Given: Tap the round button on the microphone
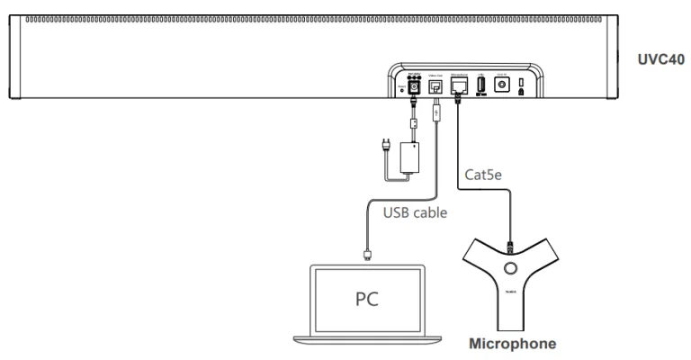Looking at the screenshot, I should [x=511, y=269].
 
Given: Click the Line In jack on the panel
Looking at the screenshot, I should [x=502, y=84].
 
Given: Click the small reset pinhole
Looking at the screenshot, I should [x=401, y=89].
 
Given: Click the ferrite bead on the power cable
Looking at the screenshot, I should [x=415, y=127].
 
